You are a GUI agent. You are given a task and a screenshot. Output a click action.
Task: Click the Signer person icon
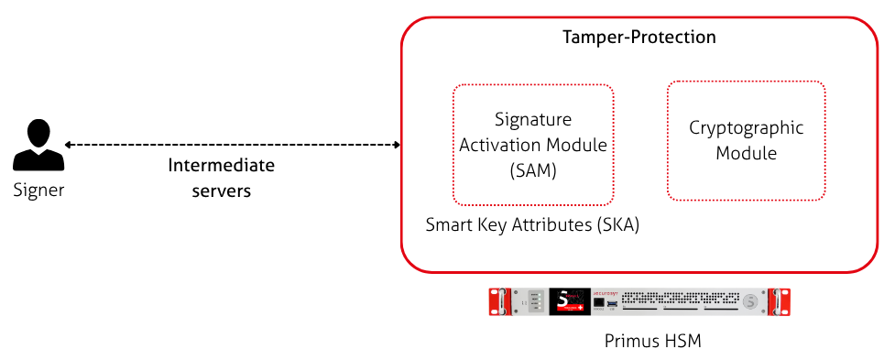coord(38,146)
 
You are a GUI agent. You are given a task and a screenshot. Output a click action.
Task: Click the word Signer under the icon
coord(38,191)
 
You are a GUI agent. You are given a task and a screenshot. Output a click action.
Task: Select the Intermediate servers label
coord(221,179)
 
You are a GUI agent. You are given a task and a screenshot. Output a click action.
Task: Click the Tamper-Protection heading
coord(638,38)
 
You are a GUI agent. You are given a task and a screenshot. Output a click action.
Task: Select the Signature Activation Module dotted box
coord(533,145)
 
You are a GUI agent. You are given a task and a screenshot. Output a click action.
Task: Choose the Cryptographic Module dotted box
coord(746,140)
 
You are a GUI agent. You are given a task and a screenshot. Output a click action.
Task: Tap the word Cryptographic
coord(746,127)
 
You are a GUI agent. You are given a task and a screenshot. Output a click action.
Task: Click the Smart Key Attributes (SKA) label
coord(532,224)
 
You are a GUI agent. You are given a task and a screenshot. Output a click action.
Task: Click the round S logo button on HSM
coord(750,301)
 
